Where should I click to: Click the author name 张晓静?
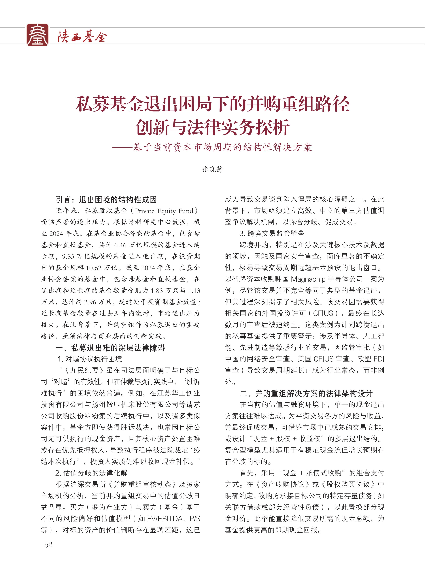213,169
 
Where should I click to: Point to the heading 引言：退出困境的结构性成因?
106,200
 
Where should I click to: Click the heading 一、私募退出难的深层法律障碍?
110,348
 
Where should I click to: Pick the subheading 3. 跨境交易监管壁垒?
272,233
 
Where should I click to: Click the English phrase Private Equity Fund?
164,211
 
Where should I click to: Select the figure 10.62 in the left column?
94,268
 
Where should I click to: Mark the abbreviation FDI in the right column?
379,359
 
